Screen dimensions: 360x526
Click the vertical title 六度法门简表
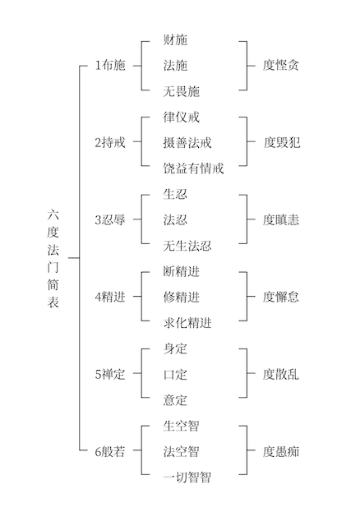pyautogui.click(x=53, y=258)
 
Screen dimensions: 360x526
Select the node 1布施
pyautogui.click(x=110, y=65)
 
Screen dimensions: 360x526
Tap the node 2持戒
pyautogui.click(x=110, y=142)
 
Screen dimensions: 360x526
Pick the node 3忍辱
pyautogui.click(x=110, y=219)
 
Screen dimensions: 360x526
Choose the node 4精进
pyautogui.click(x=110, y=297)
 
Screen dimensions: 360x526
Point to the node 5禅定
pyautogui.click(x=110, y=374)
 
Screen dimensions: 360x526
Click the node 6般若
pyautogui.click(x=110, y=451)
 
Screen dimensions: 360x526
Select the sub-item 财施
pyautogui.click(x=175, y=39)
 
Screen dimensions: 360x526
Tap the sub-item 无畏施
pyautogui.click(x=181, y=91)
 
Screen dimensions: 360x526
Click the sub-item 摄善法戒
pyautogui.click(x=187, y=142)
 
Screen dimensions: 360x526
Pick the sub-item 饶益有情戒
pyautogui.click(x=193, y=168)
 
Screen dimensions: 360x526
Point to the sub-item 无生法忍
pyautogui.click(x=187, y=246)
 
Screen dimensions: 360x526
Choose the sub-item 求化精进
pyautogui.click(x=187, y=323)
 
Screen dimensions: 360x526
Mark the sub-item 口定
pyautogui.click(x=175, y=375)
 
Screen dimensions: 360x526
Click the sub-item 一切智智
pyautogui.click(x=187, y=478)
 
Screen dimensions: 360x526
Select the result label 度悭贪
pyautogui.click(x=281, y=65)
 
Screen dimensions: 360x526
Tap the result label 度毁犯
pyautogui.click(x=281, y=142)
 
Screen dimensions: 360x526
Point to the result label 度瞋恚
pyautogui.click(x=281, y=220)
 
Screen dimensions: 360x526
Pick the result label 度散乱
pyautogui.click(x=281, y=375)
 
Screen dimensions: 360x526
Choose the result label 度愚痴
pyautogui.click(x=281, y=451)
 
